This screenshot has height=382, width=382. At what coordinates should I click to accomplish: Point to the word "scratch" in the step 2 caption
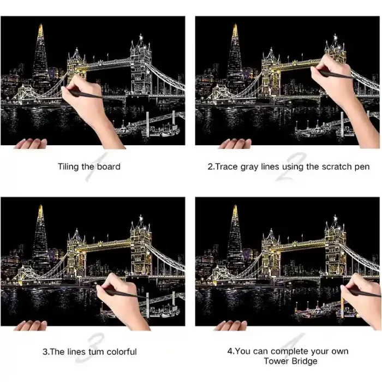click(336, 166)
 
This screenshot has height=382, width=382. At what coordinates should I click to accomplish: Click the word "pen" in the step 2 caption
click(362, 168)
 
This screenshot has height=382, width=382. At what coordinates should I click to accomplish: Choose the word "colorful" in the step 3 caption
click(122, 352)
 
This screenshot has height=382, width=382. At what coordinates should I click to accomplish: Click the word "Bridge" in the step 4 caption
click(305, 361)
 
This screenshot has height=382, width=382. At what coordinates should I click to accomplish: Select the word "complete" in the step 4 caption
click(289, 351)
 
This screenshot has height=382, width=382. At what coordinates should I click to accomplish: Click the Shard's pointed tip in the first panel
click(41, 24)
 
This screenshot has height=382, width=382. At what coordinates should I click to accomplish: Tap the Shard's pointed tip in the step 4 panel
click(235, 205)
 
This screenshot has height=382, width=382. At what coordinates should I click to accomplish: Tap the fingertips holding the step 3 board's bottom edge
click(31, 325)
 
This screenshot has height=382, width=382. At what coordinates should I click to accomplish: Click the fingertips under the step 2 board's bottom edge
click(235, 144)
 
